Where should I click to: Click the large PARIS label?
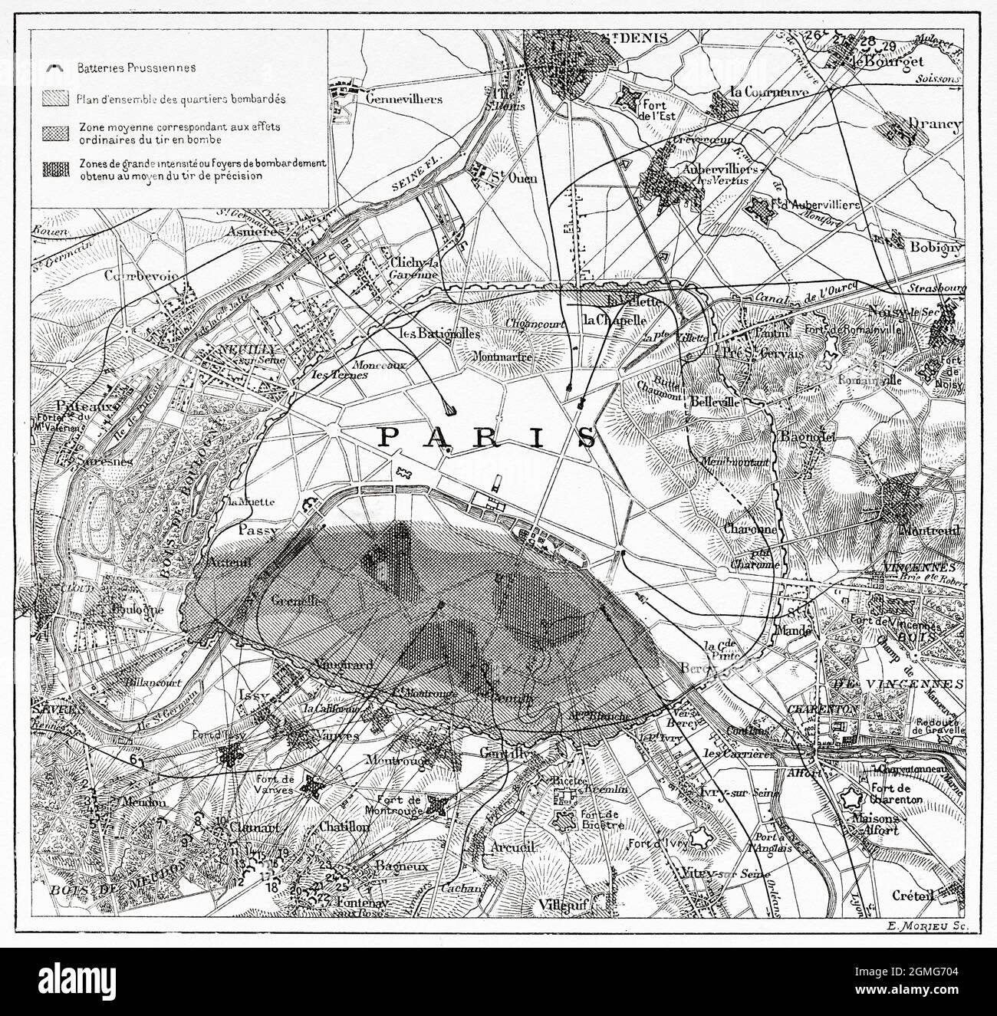point(488,437)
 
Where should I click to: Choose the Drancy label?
point(933,124)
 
